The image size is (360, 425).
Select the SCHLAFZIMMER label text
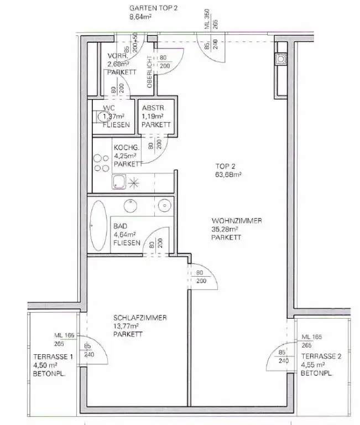[140, 318]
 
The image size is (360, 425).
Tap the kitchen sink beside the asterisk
[119, 182]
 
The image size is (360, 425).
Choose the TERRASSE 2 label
[321, 356]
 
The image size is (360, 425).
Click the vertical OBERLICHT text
[149, 72]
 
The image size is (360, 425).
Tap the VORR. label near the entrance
[118, 56]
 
